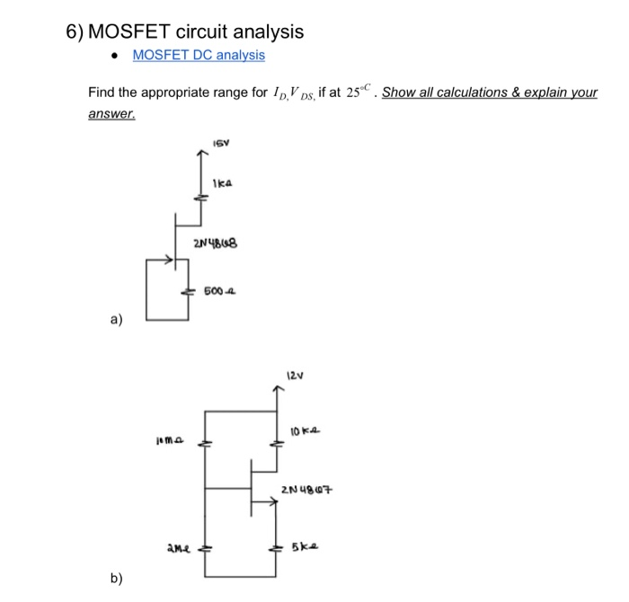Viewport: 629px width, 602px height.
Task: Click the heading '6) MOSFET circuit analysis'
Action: tap(185, 31)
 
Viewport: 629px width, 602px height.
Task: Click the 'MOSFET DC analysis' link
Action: tap(199, 55)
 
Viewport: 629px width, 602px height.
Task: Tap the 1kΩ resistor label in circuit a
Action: tap(224, 184)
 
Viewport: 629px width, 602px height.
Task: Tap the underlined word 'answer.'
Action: tap(111, 115)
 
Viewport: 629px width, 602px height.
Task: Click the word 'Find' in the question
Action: tap(102, 93)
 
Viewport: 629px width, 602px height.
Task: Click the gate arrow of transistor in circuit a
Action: tap(166, 261)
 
